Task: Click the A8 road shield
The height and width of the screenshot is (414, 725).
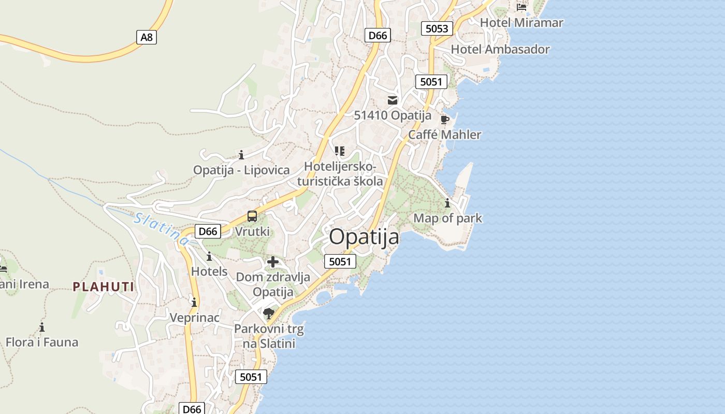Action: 147,37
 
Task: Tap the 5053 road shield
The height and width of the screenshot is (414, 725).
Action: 437,28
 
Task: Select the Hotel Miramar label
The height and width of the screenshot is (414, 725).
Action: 521,22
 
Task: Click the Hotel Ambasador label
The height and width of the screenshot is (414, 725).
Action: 500,49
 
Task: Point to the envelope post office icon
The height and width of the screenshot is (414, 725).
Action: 393,100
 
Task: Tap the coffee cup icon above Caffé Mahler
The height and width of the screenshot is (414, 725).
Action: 444,120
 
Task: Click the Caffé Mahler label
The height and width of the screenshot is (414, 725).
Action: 444,135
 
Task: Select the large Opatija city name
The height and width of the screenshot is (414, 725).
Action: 364,237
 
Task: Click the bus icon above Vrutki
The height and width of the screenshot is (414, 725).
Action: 252,216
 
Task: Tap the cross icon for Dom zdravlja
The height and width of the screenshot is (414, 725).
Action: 273,262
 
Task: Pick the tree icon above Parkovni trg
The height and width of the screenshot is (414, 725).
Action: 268,313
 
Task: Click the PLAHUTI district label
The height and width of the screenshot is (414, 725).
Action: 104,287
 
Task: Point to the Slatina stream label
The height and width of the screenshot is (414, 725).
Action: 161,228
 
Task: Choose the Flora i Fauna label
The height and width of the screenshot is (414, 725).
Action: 42,342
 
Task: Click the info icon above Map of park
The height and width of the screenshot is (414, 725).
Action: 447,203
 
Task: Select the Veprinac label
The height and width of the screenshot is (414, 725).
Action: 195,317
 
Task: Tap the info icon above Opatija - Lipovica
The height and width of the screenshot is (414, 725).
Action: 241,155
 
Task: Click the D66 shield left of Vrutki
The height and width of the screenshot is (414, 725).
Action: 208,231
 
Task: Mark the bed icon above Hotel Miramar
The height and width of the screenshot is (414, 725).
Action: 521,7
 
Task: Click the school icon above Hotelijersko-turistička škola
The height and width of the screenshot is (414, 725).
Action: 339,151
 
